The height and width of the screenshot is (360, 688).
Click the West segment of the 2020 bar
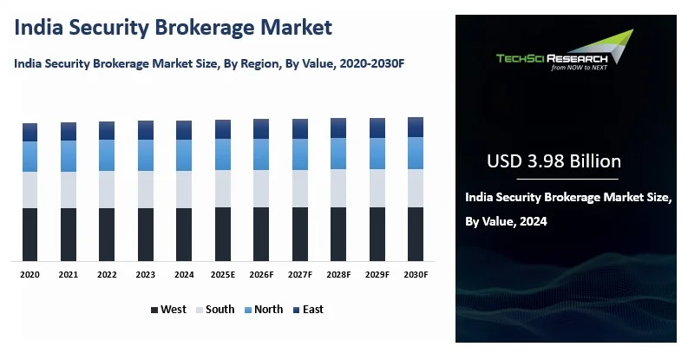[x=29, y=234]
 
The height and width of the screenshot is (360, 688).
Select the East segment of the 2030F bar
[x=416, y=127]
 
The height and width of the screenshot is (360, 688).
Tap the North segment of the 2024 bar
[x=184, y=154]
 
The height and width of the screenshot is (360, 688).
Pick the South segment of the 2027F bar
[x=300, y=187]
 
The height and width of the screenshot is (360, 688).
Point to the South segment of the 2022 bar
[x=107, y=189]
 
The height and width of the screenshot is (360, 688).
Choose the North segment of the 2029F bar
[x=377, y=153]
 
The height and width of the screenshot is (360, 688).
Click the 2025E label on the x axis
[x=223, y=274]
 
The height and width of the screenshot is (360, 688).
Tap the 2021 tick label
[x=68, y=274]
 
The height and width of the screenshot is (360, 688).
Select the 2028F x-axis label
[x=338, y=274]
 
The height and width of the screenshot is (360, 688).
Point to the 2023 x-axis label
[x=145, y=274]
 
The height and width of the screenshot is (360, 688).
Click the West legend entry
[x=168, y=310]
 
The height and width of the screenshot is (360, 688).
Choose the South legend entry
[x=214, y=310]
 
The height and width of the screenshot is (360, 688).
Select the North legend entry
[x=263, y=310]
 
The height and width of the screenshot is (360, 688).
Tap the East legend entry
[x=308, y=310]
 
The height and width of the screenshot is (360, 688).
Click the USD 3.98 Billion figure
[x=554, y=161]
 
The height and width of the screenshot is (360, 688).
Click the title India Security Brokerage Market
[x=174, y=27]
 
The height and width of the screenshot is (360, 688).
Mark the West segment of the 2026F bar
[x=261, y=233]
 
